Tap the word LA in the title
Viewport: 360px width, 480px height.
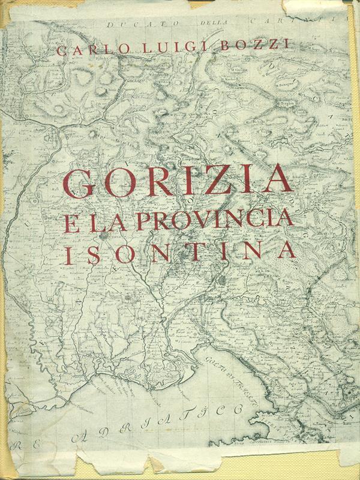coord(109,220)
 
